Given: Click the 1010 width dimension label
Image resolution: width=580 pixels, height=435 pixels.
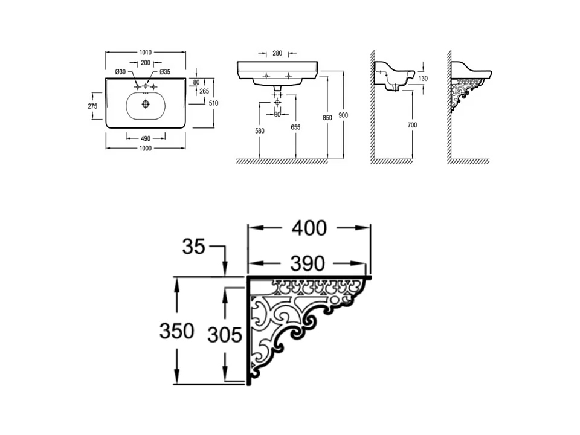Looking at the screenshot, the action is (146, 53).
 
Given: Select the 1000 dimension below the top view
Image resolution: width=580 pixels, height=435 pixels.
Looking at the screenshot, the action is (146, 148).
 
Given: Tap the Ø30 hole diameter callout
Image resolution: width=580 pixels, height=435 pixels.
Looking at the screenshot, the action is (121, 72).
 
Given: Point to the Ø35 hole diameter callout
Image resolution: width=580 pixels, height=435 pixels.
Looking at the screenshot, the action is (165, 72).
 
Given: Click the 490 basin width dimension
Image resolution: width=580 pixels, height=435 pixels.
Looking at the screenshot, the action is (146, 137).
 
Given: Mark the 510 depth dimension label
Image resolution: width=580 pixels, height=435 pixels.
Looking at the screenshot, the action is (213, 103).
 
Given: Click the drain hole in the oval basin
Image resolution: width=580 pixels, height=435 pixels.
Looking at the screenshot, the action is (145, 104).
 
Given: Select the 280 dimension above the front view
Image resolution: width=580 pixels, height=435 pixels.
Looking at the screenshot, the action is (277, 53).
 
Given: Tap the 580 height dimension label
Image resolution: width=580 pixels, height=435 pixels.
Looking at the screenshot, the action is (260, 130).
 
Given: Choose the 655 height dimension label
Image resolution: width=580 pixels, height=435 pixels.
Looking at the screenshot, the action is (295, 127).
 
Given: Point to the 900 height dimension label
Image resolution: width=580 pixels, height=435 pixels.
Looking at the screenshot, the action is (344, 115).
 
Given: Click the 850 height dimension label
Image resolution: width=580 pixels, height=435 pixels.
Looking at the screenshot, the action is (327, 118).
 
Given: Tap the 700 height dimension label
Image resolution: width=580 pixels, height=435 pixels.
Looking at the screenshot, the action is (413, 125).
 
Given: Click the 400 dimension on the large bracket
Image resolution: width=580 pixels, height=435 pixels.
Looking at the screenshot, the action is (309, 228).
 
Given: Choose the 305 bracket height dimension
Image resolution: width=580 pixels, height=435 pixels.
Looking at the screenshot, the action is (225, 334).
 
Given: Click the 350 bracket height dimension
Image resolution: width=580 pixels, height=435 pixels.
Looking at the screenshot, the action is (176, 330).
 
